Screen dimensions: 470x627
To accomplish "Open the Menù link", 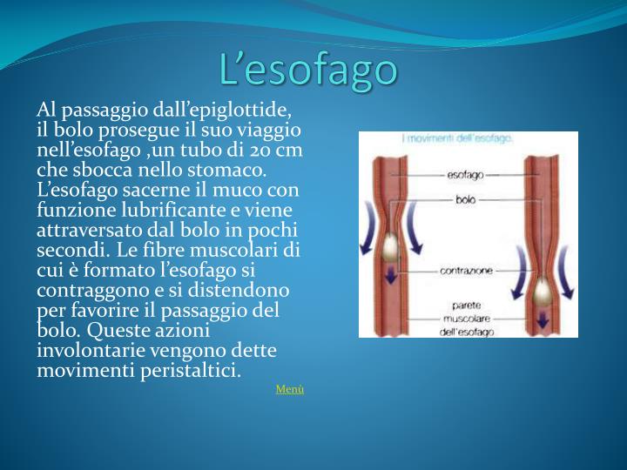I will [x=290, y=389].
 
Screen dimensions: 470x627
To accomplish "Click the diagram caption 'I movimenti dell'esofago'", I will [x=457, y=138].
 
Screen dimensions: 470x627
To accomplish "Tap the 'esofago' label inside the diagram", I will [x=466, y=176].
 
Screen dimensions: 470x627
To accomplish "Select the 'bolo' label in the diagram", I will [x=466, y=199].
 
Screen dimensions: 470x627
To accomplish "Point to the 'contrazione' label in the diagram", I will [x=466, y=271].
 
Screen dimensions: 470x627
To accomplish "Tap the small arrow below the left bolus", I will [x=391, y=278].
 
